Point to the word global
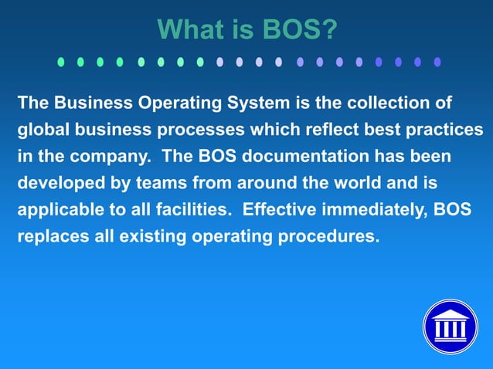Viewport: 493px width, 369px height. pyautogui.click(x=42, y=130)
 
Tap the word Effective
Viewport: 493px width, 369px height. pyautogui.click(x=278, y=209)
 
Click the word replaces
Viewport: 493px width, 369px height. pyautogui.click(x=49, y=236)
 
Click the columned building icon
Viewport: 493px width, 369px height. pyautogui.click(x=450, y=326)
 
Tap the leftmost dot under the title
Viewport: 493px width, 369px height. pyautogui.click(x=61, y=62)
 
